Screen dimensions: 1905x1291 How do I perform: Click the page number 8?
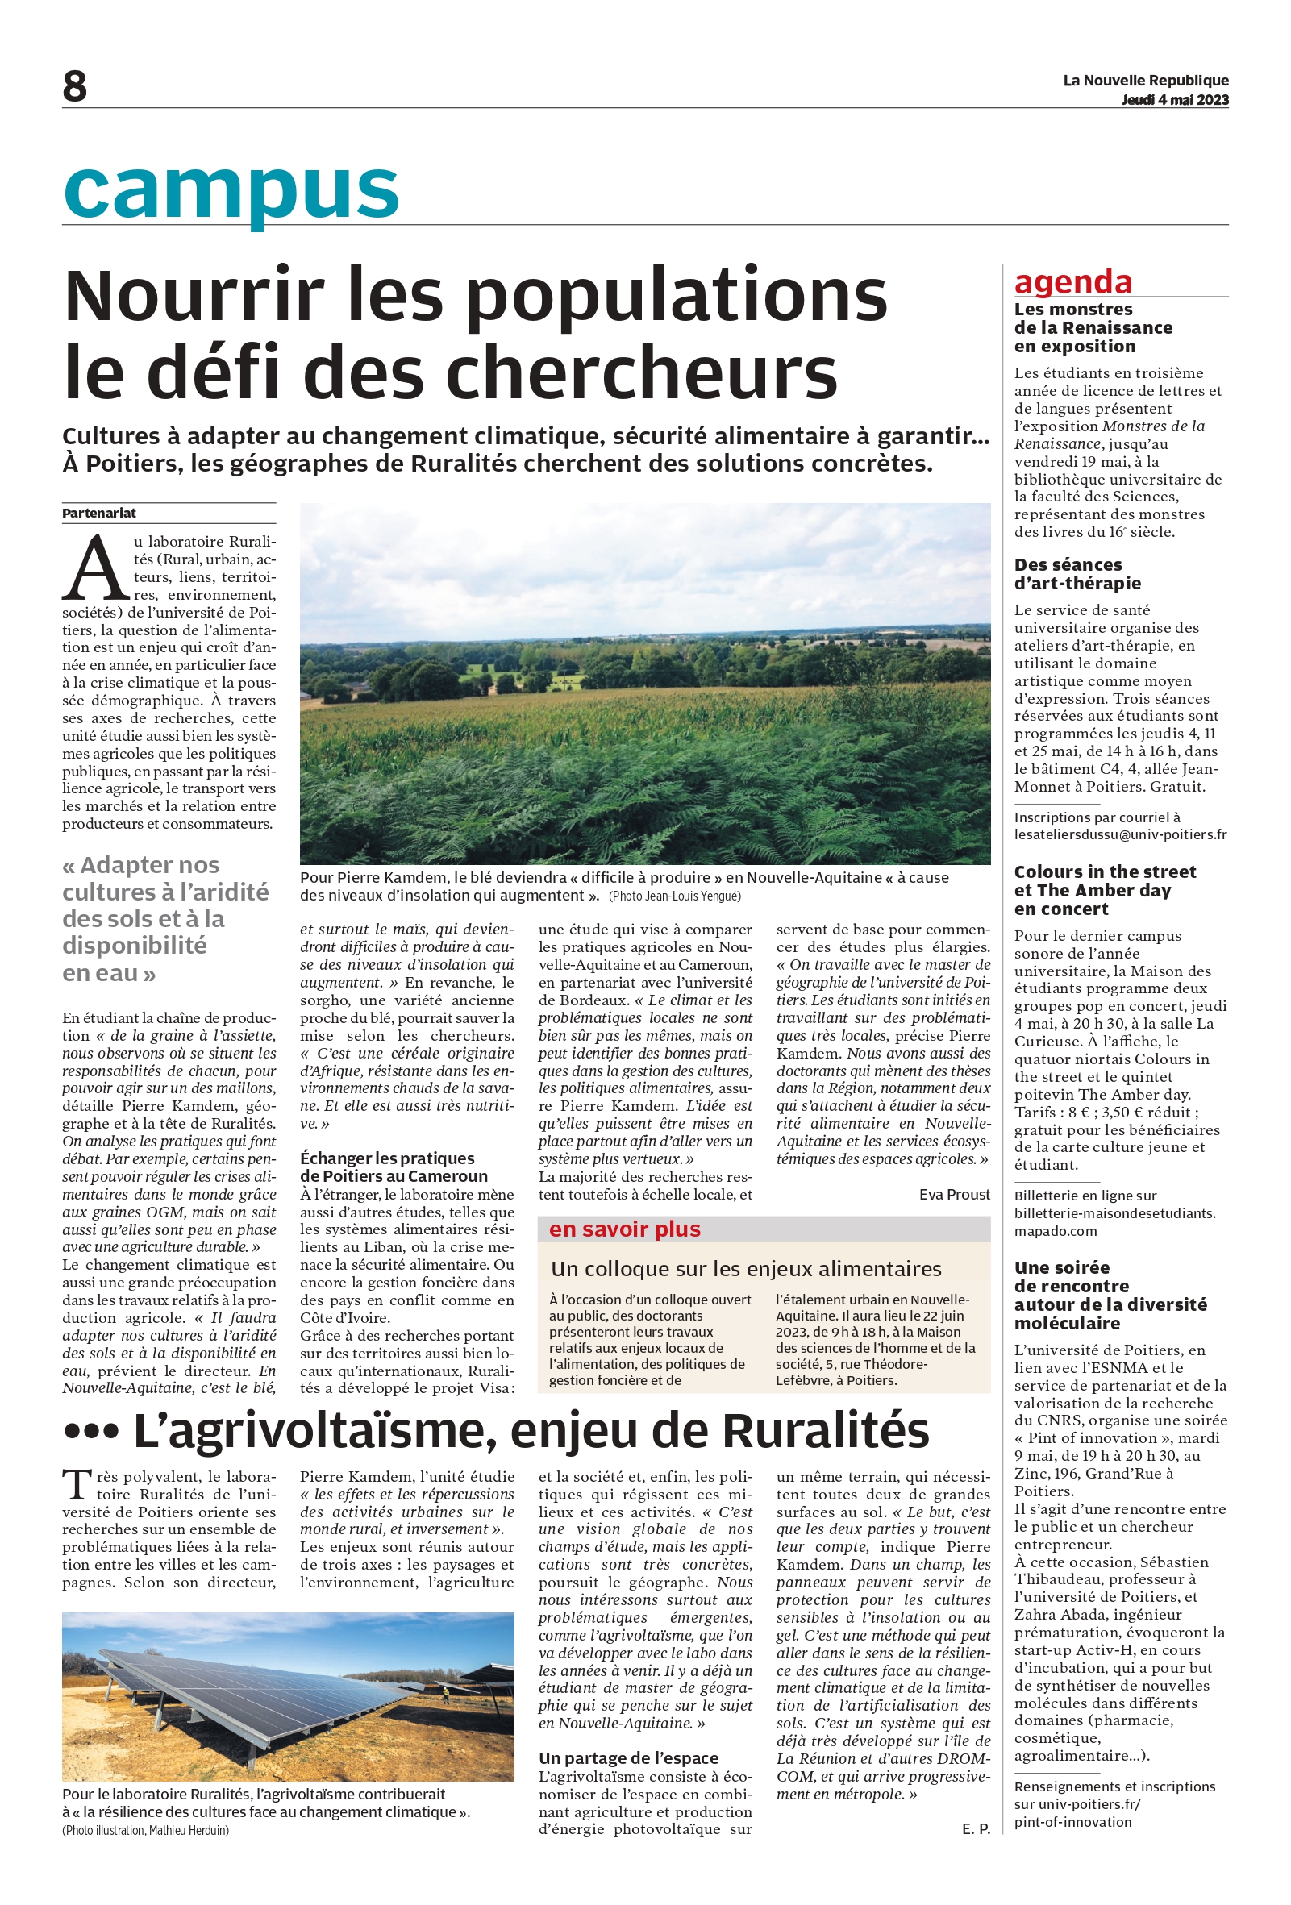(x=75, y=86)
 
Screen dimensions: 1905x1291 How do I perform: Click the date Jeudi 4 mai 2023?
(x=1174, y=100)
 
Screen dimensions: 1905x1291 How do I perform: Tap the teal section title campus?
(x=231, y=190)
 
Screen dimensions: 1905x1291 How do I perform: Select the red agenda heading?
(x=1072, y=281)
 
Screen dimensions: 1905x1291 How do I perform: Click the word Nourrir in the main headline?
(x=194, y=295)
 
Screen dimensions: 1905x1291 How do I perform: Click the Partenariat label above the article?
(x=99, y=514)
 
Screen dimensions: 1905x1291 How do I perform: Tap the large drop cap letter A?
(x=95, y=568)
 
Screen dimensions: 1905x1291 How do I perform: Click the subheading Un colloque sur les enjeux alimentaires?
(x=746, y=1269)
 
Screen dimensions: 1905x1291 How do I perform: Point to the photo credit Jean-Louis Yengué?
(x=674, y=896)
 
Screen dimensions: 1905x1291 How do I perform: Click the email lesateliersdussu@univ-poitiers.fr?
(x=1120, y=835)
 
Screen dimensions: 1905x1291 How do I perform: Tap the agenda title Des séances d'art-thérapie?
(x=1077, y=574)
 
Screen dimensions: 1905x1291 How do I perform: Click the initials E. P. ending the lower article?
(x=976, y=1828)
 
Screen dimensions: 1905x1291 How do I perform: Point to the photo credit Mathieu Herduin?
(x=146, y=1830)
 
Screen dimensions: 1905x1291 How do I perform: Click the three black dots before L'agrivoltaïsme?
(x=91, y=1433)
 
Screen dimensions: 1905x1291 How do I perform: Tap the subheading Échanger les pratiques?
(x=387, y=1158)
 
